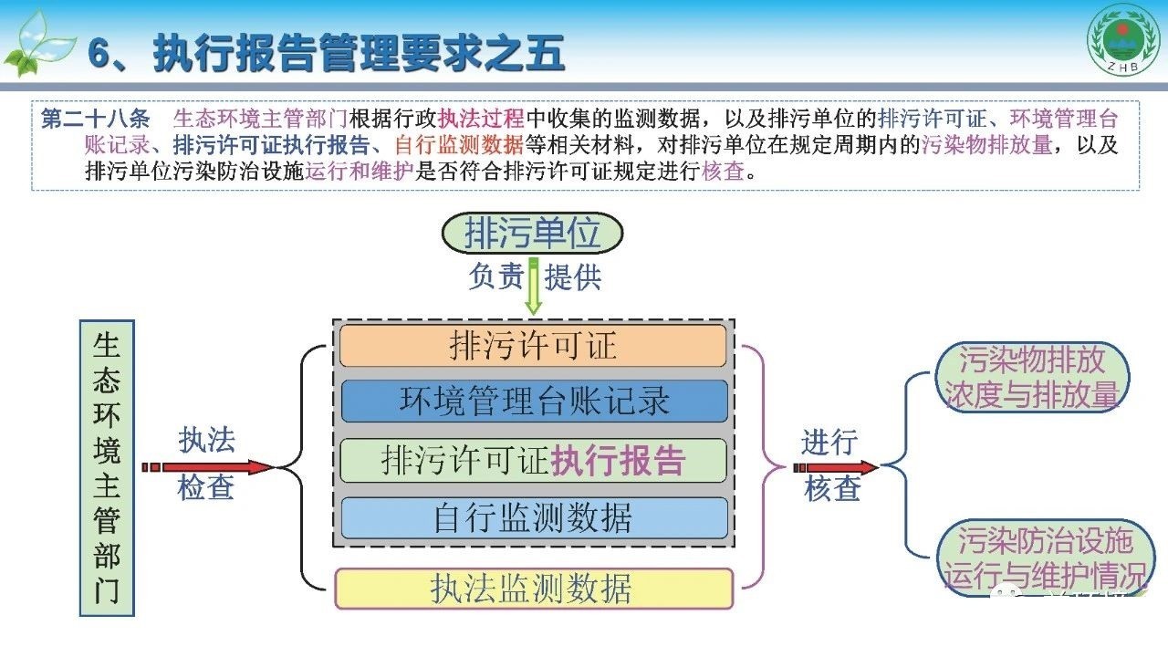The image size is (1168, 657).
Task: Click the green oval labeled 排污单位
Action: pyautogui.click(x=532, y=233)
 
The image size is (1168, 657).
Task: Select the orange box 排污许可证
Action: pyautogui.click(x=533, y=346)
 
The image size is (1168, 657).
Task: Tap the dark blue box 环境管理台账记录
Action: pyautogui.click(x=534, y=401)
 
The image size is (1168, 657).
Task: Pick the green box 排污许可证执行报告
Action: pyautogui.click(x=533, y=460)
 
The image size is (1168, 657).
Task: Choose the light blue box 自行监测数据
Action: pyautogui.click(x=534, y=517)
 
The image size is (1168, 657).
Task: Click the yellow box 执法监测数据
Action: pyautogui.click(x=534, y=589)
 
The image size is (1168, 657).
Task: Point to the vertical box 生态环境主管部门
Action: pyautogui.click(x=107, y=468)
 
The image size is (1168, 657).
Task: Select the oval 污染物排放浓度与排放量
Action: pyautogui.click(x=1032, y=377)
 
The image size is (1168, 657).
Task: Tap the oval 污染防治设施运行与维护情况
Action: pyautogui.click(x=1045, y=557)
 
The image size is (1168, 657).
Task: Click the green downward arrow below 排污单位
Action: pyautogui.click(x=533, y=287)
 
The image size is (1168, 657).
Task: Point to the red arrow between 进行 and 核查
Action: pyautogui.click(x=835, y=467)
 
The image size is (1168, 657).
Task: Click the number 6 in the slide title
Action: pyautogui.click(x=99, y=53)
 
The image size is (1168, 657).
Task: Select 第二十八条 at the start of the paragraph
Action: pyautogui.click(x=96, y=119)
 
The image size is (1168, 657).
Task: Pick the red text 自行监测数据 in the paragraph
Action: pyautogui.click(x=459, y=145)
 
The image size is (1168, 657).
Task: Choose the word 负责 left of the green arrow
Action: pyautogui.click(x=495, y=276)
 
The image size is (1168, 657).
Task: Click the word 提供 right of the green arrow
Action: pyautogui.click(x=573, y=276)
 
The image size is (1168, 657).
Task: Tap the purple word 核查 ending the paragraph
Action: pyautogui.click(x=724, y=171)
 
